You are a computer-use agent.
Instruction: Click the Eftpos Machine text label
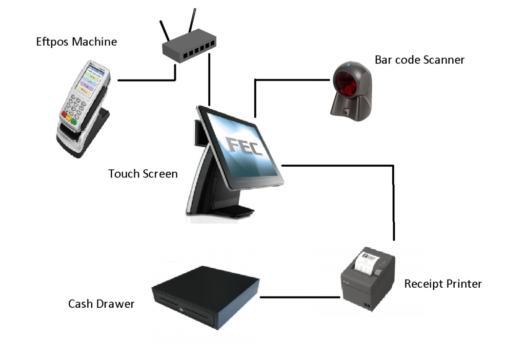coord(76,42)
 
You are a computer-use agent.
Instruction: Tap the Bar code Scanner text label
coord(419,60)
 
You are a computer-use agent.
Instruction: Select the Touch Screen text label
coord(143,174)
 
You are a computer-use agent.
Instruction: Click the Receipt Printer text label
coord(443,284)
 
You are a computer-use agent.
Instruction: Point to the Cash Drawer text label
coord(101,304)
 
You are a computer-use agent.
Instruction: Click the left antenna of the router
coord(166,32)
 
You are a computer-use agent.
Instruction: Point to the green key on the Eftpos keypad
coord(74,122)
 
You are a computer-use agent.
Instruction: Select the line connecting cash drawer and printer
coord(300,297)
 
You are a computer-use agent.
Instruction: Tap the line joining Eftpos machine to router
coord(146,81)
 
